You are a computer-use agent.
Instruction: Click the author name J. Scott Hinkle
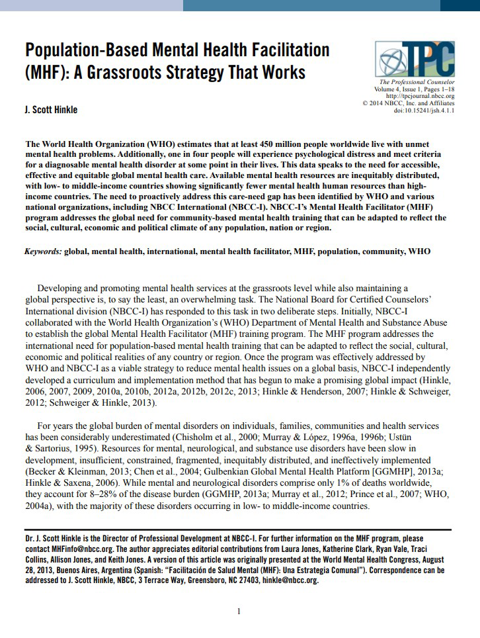pyautogui.click(x=51, y=109)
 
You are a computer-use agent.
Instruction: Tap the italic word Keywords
pyautogui.click(x=42, y=251)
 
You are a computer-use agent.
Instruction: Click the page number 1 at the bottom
pyautogui.click(x=239, y=611)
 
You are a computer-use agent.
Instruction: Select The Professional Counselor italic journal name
pyautogui.click(x=418, y=81)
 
